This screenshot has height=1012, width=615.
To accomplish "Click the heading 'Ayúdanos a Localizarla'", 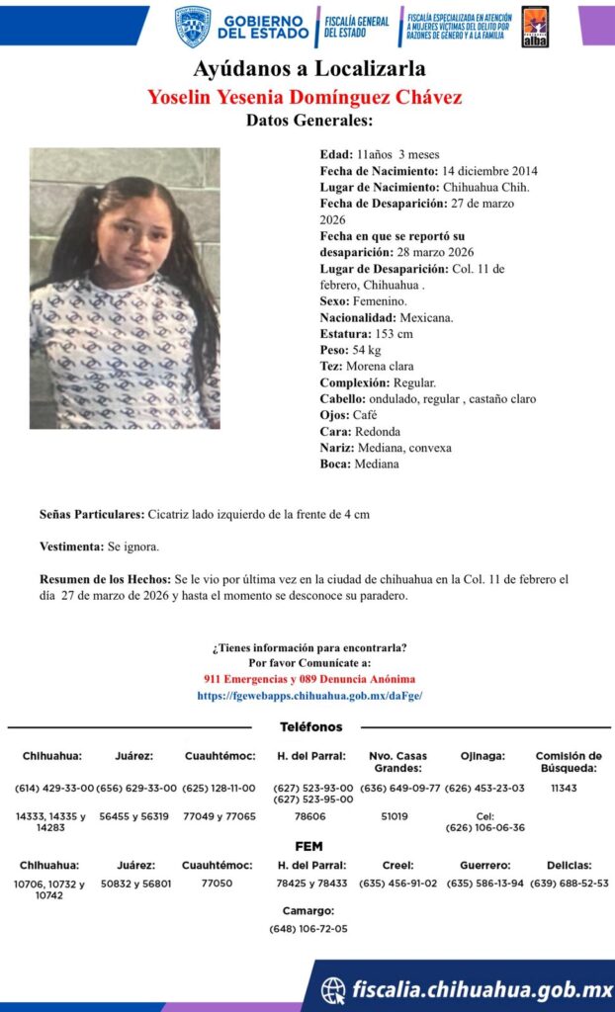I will [308, 69].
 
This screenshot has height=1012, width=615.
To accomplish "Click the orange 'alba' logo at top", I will [534, 27].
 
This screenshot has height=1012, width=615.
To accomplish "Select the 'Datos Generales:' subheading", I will [308, 122].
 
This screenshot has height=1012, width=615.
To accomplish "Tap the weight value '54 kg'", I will [367, 350].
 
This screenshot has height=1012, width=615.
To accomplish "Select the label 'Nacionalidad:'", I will [358, 317].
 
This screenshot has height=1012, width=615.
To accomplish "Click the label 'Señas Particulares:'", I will [91, 514].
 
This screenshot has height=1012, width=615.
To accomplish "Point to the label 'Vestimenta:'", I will [70, 546].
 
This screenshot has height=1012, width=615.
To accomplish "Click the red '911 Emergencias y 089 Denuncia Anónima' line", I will [308, 679].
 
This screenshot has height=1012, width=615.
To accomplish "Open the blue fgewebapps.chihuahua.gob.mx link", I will [309, 696].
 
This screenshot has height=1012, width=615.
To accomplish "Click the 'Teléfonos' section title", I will [310, 726].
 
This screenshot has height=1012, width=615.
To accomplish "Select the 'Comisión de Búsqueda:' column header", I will [569, 761].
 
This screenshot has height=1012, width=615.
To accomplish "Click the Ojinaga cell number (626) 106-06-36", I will [484, 828].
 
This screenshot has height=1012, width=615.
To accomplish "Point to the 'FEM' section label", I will [308, 847].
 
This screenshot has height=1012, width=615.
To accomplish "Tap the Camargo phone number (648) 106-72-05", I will [307, 928].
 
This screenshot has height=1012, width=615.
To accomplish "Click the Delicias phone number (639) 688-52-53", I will [570, 883].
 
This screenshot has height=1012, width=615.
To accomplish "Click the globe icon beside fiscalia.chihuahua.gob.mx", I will [334, 988].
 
